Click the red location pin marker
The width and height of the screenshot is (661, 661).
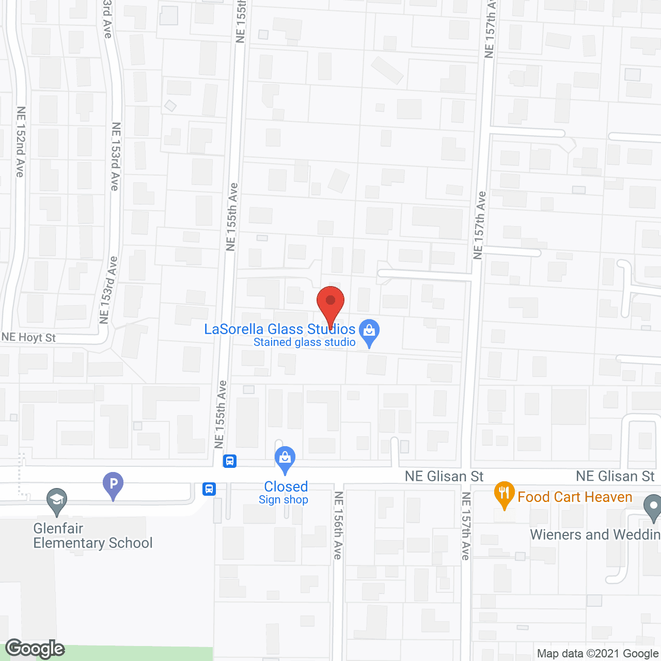330,303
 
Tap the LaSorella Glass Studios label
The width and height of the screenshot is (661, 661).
279,329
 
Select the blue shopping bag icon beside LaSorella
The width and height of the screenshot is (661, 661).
369,331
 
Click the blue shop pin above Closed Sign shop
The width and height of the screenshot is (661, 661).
285,458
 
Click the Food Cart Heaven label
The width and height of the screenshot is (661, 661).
575,497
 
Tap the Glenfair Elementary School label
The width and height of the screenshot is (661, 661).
93,536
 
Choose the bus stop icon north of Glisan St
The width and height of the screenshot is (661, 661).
230,461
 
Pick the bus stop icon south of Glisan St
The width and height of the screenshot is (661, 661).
209,489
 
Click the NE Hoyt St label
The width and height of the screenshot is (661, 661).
29,338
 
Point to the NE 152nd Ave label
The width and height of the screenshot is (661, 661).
20,141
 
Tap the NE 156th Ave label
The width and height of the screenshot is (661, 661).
338,525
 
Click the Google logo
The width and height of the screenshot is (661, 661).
35,649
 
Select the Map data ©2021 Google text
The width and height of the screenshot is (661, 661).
597,654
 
